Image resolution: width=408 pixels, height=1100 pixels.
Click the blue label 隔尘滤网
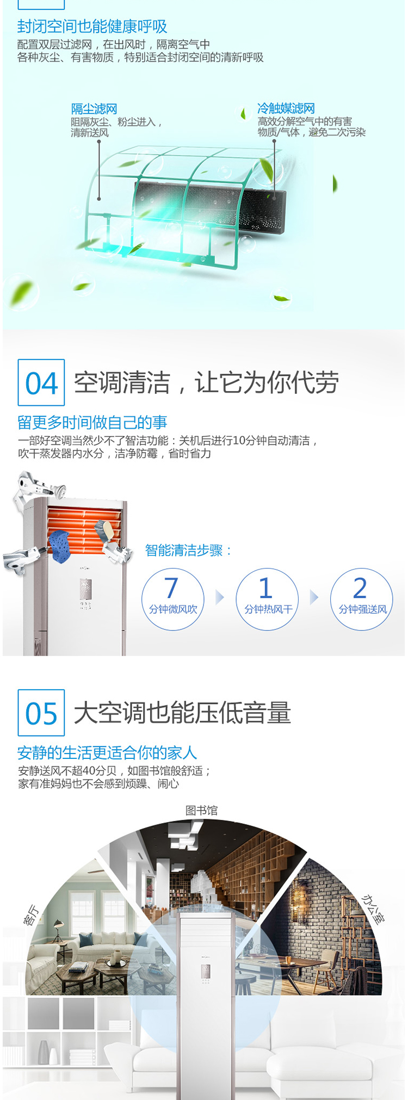pos(94,109)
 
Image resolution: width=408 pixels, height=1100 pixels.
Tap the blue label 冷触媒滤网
pos(286,108)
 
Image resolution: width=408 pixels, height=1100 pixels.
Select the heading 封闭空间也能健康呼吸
pos(92,26)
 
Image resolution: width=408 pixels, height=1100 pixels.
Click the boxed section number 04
pos(41,382)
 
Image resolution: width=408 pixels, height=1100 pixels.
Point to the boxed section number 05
pos(41,713)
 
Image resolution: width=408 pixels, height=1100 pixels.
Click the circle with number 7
pos(173,599)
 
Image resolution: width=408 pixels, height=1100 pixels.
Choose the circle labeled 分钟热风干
pos(267,599)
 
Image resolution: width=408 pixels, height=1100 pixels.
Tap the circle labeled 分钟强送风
pos(362,599)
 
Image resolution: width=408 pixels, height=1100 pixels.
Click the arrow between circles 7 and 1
pos(220,597)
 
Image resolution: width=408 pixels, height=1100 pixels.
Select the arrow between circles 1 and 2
pos(314,597)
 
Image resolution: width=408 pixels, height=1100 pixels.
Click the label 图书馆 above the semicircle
pos(201,810)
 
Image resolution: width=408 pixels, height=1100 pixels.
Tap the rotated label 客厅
pos(31,914)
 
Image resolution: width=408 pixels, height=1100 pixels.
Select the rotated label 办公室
pos(373,909)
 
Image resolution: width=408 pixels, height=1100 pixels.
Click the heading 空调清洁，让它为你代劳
pos(206,382)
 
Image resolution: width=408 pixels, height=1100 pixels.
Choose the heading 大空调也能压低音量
pos(182,713)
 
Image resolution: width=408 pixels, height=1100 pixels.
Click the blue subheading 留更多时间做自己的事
pos(92,422)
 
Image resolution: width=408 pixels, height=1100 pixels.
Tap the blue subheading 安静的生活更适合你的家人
pos(107,752)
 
